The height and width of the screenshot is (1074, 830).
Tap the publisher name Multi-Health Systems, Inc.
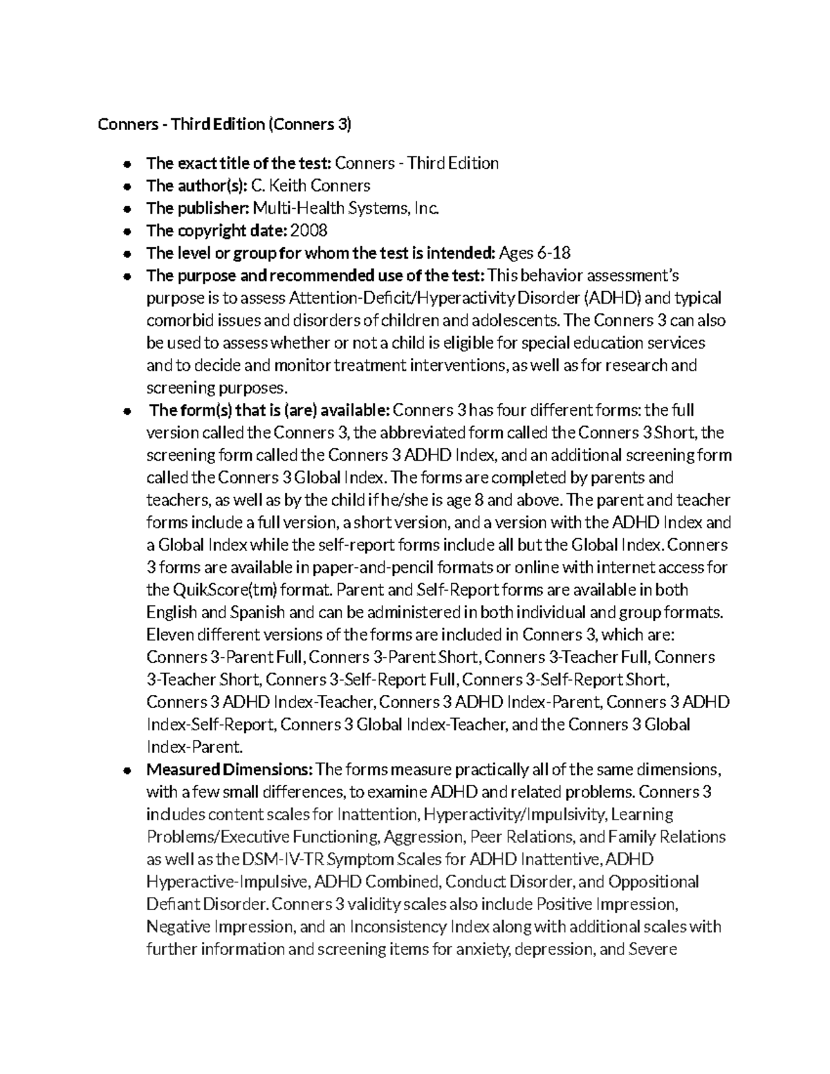[346, 208]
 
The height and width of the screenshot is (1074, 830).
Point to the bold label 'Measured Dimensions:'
[230, 770]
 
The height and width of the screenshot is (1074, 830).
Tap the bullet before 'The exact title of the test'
[127, 165]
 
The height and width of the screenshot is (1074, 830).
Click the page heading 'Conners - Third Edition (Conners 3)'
[225, 124]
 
